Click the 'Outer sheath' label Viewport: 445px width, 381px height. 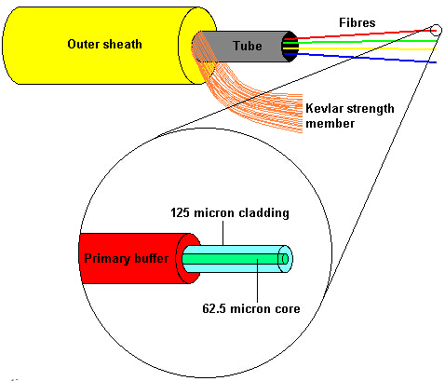tap(104, 44)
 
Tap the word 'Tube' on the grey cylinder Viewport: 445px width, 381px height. tap(248, 46)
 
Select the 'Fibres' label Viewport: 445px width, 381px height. tap(357, 22)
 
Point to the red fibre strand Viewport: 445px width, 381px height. tap(366, 34)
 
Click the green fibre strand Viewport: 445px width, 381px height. tap(366, 42)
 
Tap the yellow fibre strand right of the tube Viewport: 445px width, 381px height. tap(366, 48)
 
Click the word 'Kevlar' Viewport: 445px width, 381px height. tap(324, 108)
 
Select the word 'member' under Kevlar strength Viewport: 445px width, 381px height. tap(330, 123)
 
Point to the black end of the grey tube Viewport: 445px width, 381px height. tap(290, 47)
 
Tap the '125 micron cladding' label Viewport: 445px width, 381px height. tap(230, 213)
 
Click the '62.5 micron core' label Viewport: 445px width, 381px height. tap(251, 308)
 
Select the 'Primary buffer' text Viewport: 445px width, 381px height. tap(127, 258)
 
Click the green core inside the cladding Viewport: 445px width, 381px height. tap(231, 259)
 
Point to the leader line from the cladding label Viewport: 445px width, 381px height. tap(223, 233)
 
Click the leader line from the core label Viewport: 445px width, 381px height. tap(257, 280)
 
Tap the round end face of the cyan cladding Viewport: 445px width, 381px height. tap(285, 259)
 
